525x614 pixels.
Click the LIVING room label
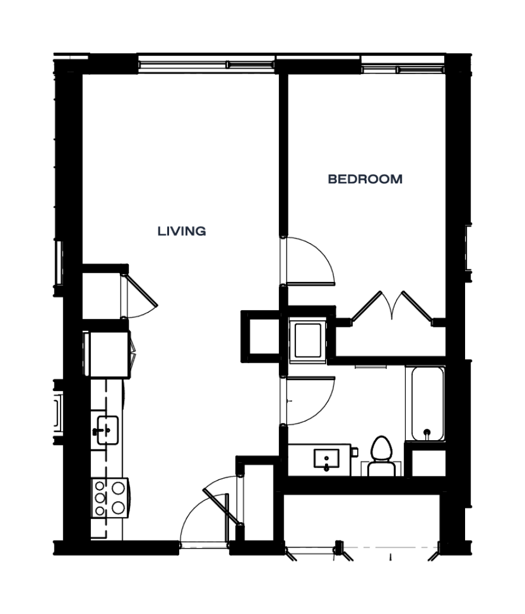click(182, 231)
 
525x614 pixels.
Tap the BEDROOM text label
click(365, 179)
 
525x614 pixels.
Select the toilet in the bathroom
click(381, 456)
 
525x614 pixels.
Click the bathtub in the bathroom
click(428, 403)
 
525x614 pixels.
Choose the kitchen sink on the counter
click(107, 430)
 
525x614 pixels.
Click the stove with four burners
click(110, 498)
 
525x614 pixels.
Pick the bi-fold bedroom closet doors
click(392, 307)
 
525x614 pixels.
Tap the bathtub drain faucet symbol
click(427, 433)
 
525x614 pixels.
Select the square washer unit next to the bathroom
click(308, 340)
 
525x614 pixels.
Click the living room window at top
click(206, 64)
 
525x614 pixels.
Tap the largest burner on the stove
click(118, 488)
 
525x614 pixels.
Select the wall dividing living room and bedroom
click(284, 155)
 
